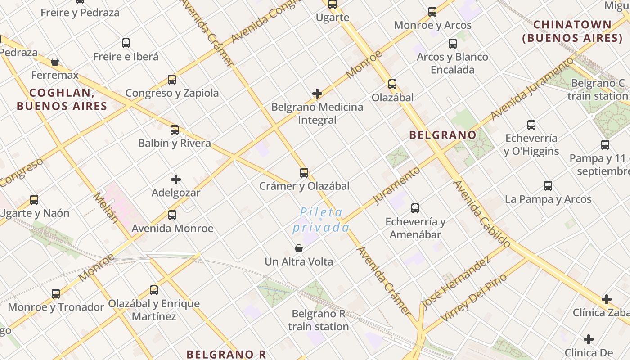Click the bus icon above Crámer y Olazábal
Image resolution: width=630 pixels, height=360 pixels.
coord(304,173)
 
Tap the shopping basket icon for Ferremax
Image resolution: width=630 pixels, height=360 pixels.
coord(55,62)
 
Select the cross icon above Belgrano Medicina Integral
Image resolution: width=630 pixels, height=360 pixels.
coord(317,94)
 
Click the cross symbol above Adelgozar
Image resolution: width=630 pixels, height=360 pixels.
coord(176,180)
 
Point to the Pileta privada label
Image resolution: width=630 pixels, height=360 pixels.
coord(321,220)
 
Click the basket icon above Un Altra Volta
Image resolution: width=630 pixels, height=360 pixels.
coord(299,248)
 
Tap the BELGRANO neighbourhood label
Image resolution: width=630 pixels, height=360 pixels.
coord(443,135)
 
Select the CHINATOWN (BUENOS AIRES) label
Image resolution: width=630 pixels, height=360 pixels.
coord(572,31)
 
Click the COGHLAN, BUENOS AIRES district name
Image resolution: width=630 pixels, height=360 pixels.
coord(62,99)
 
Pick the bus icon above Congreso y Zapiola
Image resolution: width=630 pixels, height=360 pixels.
coord(172,80)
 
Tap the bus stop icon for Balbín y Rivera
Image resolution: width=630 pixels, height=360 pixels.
coord(175,130)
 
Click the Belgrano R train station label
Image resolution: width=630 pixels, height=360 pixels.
coord(319,320)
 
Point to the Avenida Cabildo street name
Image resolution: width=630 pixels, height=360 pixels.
coord(482,214)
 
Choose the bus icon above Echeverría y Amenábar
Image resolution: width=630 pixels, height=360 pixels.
coord(415,208)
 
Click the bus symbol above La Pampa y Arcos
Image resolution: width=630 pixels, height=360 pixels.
coord(548,186)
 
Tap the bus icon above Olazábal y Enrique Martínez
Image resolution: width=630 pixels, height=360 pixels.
coord(154,290)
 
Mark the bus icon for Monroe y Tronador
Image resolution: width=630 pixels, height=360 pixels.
coord(56,294)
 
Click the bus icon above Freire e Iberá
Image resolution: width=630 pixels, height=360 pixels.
coord(126,43)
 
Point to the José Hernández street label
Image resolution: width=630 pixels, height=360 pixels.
coord(455,283)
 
